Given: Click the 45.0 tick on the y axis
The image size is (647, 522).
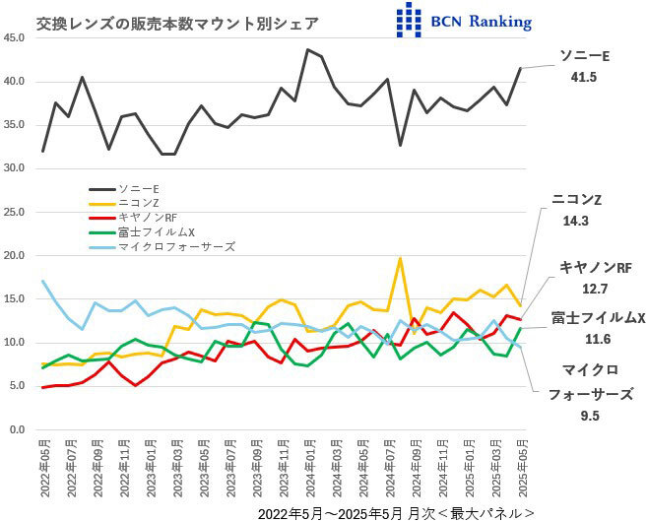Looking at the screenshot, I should click(14, 37).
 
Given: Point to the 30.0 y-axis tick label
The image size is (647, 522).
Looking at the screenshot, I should click(14, 168).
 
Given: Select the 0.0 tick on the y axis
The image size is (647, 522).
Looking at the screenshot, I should click(17, 430).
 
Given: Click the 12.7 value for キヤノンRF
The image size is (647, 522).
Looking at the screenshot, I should click(588, 289).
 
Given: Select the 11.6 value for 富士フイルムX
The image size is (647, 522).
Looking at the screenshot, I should click(595, 340).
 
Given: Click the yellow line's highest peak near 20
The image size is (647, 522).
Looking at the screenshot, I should click(400, 258).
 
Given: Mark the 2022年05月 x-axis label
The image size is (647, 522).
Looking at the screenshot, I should click(43, 467).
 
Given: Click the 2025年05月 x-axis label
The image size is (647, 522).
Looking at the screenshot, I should click(521, 467).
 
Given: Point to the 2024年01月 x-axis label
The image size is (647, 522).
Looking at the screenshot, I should click(309, 467).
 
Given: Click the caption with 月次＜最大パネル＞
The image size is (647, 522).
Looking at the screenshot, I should click(397, 513).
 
